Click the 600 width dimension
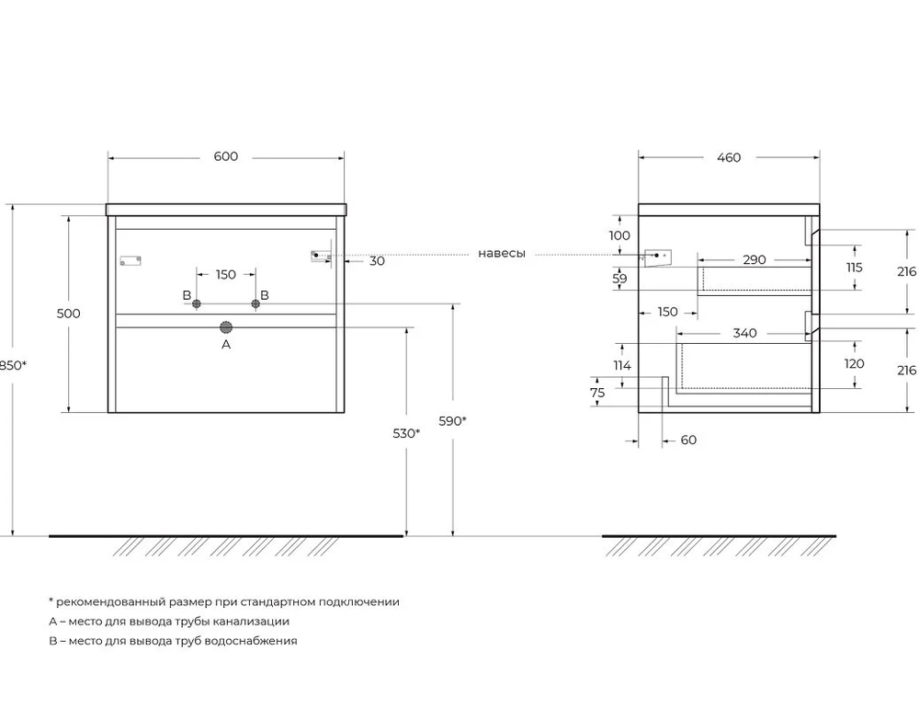coord(226,156)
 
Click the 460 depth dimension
coord(728,157)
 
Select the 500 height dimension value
coord(69,314)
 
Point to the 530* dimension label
coord(406,433)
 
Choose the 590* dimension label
coord(453,421)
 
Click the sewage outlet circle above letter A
coord(226,326)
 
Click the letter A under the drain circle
coord(226,345)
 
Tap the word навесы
coord(502,254)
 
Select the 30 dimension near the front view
coord(377,261)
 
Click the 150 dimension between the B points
coord(226,274)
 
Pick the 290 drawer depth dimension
coord(754,260)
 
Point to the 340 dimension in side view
coord(744,333)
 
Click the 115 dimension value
coord(855,268)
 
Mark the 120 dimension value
coord(855,363)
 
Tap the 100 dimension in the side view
coord(620,235)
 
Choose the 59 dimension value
coord(620,278)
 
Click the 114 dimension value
coord(622,365)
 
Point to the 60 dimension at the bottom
coord(688,440)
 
